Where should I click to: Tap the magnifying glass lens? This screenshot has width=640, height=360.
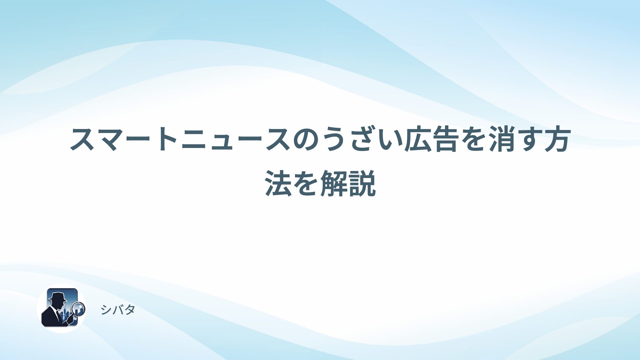(x=79, y=309)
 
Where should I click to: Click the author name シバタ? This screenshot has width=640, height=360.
(x=118, y=310)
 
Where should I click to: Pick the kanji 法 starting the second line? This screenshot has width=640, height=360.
(x=278, y=183)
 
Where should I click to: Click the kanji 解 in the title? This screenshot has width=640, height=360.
(x=334, y=183)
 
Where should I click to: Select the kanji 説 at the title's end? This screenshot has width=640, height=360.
(x=362, y=183)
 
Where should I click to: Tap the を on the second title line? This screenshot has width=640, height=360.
(x=306, y=183)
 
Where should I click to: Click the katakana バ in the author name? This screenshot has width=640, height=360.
(x=118, y=310)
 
